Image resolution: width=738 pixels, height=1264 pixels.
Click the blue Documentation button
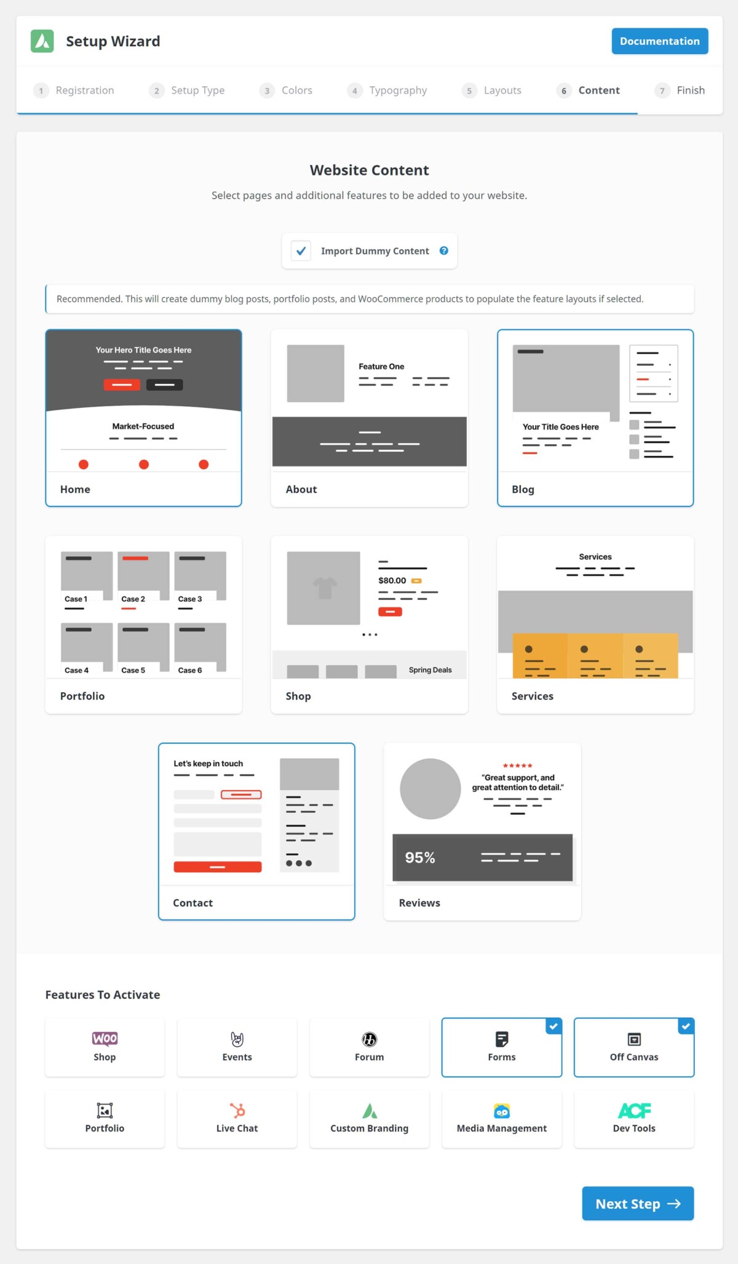click(659, 41)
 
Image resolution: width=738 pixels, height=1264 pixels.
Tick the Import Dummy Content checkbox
click(301, 251)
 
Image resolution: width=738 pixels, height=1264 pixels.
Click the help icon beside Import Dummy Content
click(444, 250)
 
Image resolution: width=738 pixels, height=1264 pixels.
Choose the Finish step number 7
click(662, 90)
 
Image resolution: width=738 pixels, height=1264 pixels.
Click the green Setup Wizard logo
click(42, 41)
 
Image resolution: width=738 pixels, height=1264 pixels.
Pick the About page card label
click(301, 489)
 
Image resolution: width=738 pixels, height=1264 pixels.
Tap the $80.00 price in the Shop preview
click(392, 580)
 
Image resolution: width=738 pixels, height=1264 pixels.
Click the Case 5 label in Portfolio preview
click(133, 670)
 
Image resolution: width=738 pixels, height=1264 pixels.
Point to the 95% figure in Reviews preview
click(419, 857)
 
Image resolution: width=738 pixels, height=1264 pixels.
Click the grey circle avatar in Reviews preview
click(430, 788)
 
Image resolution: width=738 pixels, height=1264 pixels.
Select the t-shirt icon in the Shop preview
click(325, 588)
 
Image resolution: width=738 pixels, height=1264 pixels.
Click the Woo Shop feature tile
click(105, 1047)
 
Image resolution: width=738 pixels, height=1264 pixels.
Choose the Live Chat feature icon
click(237, 1110)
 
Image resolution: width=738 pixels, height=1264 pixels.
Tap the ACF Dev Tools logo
click(634, 1110)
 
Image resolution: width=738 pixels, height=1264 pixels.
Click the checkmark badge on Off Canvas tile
click(686, 1026)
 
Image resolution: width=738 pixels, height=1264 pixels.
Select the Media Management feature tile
click(501, 1118)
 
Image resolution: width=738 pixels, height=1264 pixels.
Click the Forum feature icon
click(369, 1039)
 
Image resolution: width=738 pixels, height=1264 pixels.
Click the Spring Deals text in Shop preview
click(430, 670)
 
